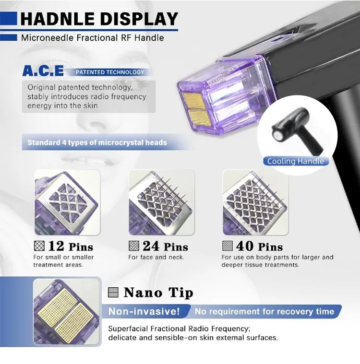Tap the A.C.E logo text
[x=43, y=71]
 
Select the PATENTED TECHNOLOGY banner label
[x=110, y=72]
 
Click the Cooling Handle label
[x=295, y=161]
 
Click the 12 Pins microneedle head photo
[x=67, y=202]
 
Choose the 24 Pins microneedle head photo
[x=162, y=202]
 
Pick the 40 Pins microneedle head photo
[x=256, y=202]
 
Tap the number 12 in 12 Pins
[x=56, y=246]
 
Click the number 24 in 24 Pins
[x=151, y=246]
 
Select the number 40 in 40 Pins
[x=245, y=246]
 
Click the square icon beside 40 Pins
[x=228, y=246]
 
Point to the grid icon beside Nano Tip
[x=113, y=292]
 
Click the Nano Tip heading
[x=158, y=293]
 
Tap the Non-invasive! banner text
[x=144, y=311]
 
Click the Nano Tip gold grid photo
[x=67, y=312]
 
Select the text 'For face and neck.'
[x=156, y=258]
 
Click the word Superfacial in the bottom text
[x=128, y=329]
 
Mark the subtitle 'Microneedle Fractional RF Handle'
[x=93, y=38]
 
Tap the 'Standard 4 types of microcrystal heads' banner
[x=97, y=142]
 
